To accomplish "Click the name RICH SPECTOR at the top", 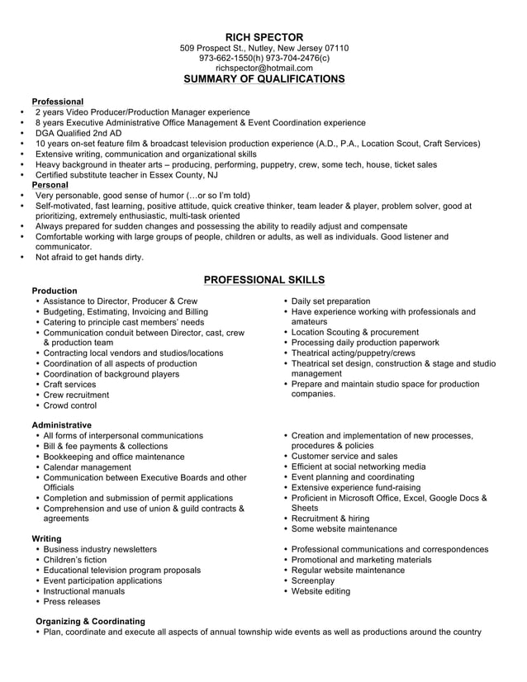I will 263,37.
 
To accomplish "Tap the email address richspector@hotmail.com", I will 263,68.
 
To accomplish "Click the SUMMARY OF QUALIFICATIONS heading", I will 263,79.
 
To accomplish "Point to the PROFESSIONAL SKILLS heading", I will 263,280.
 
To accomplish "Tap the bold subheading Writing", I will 48,538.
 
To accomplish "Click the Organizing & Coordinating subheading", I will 90,621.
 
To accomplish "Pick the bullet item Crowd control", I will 69,405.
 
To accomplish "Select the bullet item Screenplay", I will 315,580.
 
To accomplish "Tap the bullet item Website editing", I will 320,591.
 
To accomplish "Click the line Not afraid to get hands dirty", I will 89,257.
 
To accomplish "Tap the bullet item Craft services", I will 69,384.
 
